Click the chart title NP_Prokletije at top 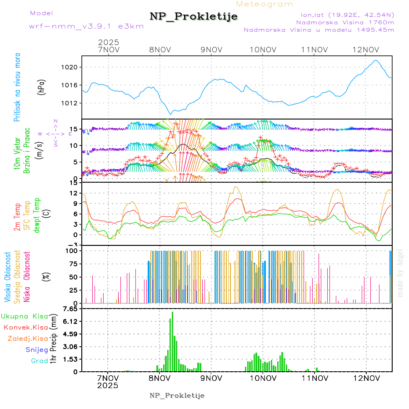coord(194,17)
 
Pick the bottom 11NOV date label coord(314,378)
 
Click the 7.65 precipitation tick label coord(70,309)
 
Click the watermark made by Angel coord(400,273)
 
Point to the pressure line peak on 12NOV coord(376,60)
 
